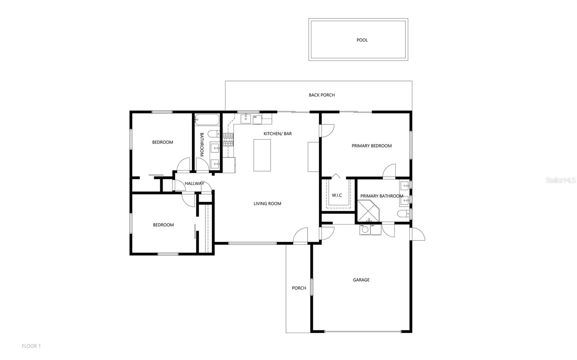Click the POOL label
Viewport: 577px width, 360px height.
tap(362, 40)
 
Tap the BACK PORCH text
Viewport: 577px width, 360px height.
tap(322, 95)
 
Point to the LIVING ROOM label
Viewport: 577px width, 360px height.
tap(267, 203)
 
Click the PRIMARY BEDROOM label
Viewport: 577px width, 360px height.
tap(371, 146)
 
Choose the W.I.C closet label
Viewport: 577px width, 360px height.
tap(337, 195)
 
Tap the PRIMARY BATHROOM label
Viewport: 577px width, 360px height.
tap(382, 196)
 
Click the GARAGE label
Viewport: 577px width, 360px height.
tap(361, 280)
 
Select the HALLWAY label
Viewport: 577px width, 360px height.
tap(194, 184)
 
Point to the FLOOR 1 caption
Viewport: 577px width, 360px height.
tap(31, 346)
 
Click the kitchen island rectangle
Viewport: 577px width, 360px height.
tap(262, 155)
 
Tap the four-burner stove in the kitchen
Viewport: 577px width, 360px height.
tap(228, 139)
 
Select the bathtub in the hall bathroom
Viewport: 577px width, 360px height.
tap(207, 120)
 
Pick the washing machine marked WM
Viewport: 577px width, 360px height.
tap(365, 230)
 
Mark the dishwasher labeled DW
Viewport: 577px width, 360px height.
tap(257, 119)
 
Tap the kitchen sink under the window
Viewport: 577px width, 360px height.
tap(246, 118)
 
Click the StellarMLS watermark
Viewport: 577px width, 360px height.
tap(560, 180)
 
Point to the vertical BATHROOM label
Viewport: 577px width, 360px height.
tap(202, 145)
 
